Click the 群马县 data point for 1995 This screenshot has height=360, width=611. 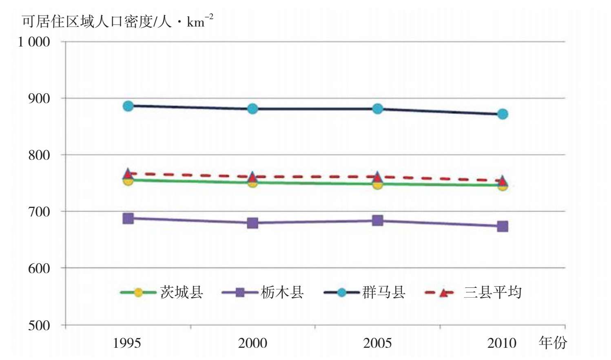point(128,106)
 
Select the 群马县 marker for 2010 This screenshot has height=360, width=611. point(503,114)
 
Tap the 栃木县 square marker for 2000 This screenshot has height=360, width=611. point(252,223)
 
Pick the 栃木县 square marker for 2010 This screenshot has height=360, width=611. point(503,226)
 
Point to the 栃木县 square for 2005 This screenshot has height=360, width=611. point(378,221)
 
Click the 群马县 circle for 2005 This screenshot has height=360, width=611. point(378,109)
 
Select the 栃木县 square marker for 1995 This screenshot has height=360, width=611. point(128,219)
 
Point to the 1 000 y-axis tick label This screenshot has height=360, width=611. point(34,42)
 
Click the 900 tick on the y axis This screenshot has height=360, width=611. point(39,98)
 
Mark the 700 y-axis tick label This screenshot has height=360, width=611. point(39,212)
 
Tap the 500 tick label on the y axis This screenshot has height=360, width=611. point(39,325)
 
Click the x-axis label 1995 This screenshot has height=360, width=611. point(127,343)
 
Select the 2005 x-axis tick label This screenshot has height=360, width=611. point(377,343)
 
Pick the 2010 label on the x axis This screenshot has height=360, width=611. point(502,343)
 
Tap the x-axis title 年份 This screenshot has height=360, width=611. point(553,342)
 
